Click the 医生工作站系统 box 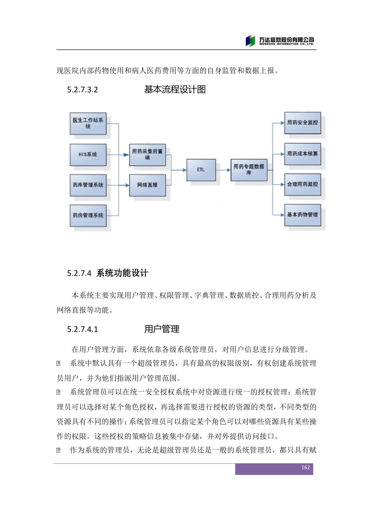click(88, 124)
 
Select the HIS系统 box click(88, 154)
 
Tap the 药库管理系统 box click(88, 185)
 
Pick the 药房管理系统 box click(88, 215)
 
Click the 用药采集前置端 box click(147, 154)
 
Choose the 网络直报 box click(147, 185)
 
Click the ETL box click(201, 170)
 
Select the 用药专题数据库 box click(249, 170)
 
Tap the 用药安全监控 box click(303, 123)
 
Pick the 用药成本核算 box click(303, 154)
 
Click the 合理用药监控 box click(303, 184)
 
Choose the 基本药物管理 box click(303, 215)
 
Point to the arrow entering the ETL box click(184, 170)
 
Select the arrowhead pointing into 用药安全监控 click(282, 123)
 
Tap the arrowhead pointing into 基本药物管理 click(282, 215)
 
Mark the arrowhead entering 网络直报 click(127, 185)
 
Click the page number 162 click(305, 468)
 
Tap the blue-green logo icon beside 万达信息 click(250, 41)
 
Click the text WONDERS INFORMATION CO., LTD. click(286, 44)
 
